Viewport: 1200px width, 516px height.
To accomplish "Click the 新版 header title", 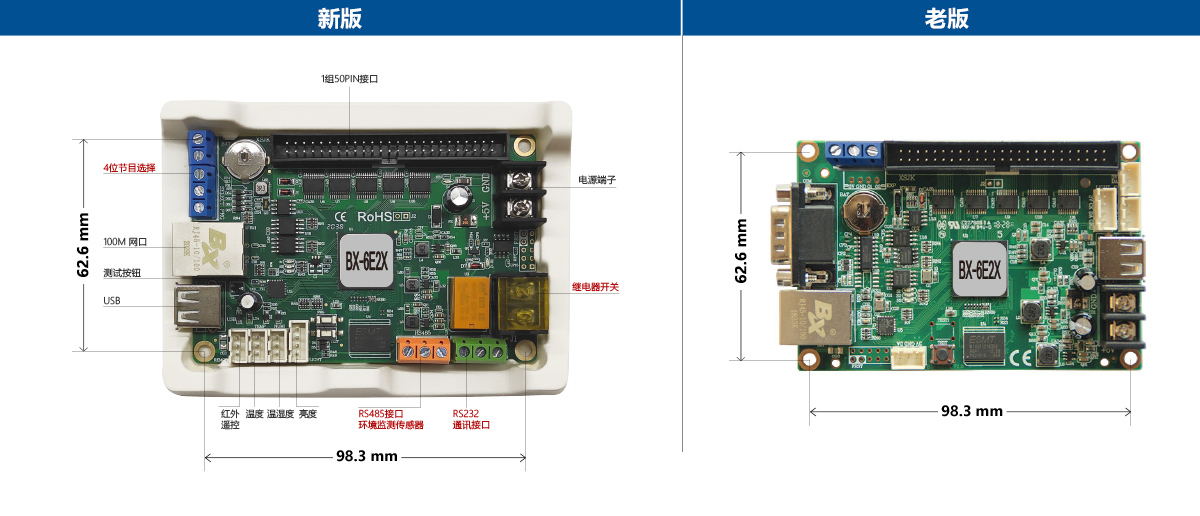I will point(339,18).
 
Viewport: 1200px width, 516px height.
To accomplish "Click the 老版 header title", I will point(946,18).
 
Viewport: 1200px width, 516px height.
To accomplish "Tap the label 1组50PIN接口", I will point(349,78).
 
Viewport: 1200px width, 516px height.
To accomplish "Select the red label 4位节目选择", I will point(129,168).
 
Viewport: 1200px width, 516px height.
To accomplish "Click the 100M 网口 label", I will point(125,242).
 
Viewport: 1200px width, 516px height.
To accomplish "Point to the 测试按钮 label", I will point(122,272).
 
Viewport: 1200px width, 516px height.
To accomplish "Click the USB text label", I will point(111,300).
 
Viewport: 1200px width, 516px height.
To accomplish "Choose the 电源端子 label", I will point(597,181).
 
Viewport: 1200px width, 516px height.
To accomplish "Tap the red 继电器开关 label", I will point(595,287).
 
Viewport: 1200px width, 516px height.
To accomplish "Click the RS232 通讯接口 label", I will point(471,419).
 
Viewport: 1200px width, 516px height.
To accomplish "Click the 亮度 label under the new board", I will point(307,413).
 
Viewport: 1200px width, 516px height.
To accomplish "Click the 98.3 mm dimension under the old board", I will point(971,411).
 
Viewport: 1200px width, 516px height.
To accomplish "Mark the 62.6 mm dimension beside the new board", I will point(83,245).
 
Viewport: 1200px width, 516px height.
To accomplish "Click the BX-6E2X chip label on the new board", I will point(367,260).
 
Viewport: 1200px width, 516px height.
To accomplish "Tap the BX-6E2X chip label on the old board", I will point(980,270).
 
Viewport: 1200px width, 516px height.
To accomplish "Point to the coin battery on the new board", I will point(244,155).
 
